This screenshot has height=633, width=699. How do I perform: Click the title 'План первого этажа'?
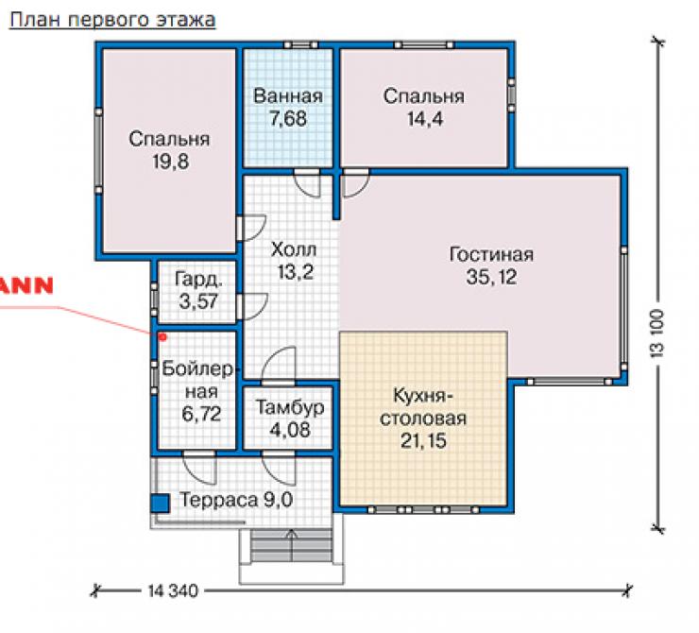tap(112, 20)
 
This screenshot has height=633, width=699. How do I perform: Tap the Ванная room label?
tap(288, 96)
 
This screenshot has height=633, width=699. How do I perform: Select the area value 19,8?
tap(171, 162)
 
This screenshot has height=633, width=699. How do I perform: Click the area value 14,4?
tap(425, 119)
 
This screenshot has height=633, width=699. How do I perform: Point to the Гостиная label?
tap(491, 254)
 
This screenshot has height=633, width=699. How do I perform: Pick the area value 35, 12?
tap(491, 277)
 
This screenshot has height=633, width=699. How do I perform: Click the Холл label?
tap(294, 249)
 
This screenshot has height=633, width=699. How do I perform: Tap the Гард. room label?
tap(198, 280)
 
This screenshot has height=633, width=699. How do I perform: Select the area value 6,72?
tap(201, 414)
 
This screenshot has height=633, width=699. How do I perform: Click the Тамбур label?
tap(290, 407)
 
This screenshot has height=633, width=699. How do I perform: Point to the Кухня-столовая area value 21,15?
tap(423, 441)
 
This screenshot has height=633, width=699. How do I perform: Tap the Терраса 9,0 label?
tap(236, 500)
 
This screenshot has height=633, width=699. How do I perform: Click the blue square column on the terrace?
tap(160, 504)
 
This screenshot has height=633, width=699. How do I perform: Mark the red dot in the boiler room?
tap(162, 337)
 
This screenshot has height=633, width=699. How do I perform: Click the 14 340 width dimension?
tap(173, 591)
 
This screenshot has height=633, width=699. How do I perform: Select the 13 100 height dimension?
tap(657, 333)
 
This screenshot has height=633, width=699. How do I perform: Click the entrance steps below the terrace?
tap(292, 546)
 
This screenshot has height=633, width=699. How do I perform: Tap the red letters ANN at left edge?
tap(26, 285)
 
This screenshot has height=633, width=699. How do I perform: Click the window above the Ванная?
tap(301, 45)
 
